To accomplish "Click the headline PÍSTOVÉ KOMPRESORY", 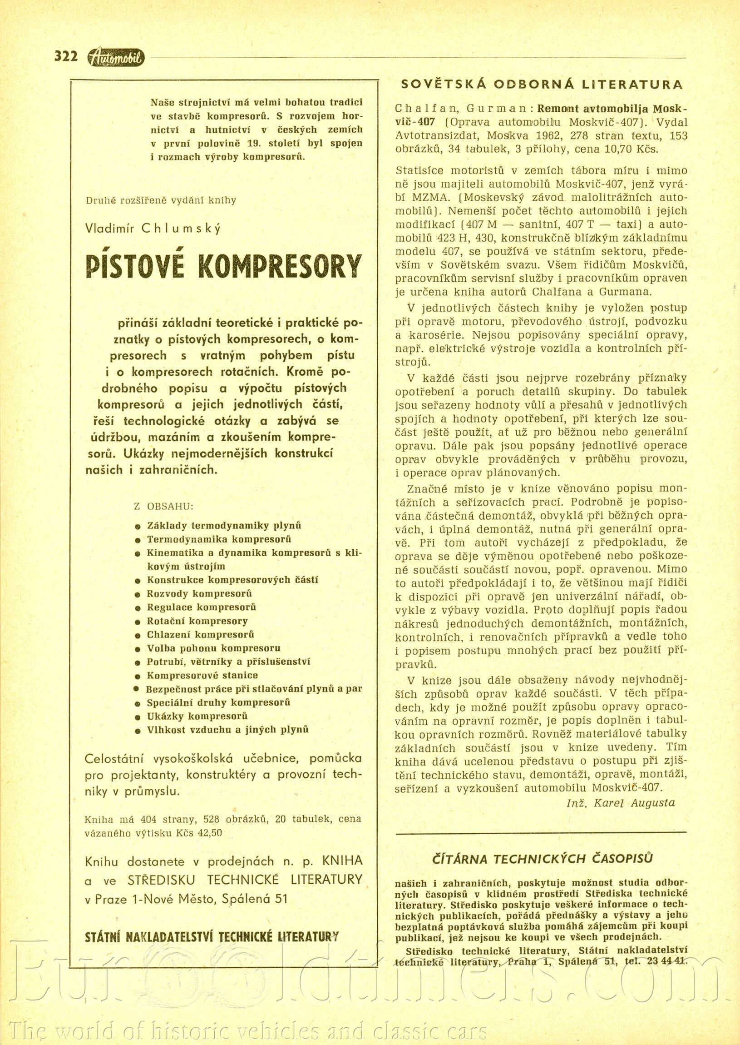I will click(223, 266).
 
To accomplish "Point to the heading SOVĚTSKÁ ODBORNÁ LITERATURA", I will click(541, 85).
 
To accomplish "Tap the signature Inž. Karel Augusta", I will click(620, 802).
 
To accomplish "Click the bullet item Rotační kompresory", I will click(197, 621).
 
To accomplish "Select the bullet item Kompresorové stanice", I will click(202, 675).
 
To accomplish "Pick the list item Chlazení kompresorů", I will click(201, 635).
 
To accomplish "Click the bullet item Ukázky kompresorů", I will click(197, 716).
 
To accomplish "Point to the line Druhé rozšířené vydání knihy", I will click(161, 200).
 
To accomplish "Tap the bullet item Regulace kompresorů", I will click(202, 607).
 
